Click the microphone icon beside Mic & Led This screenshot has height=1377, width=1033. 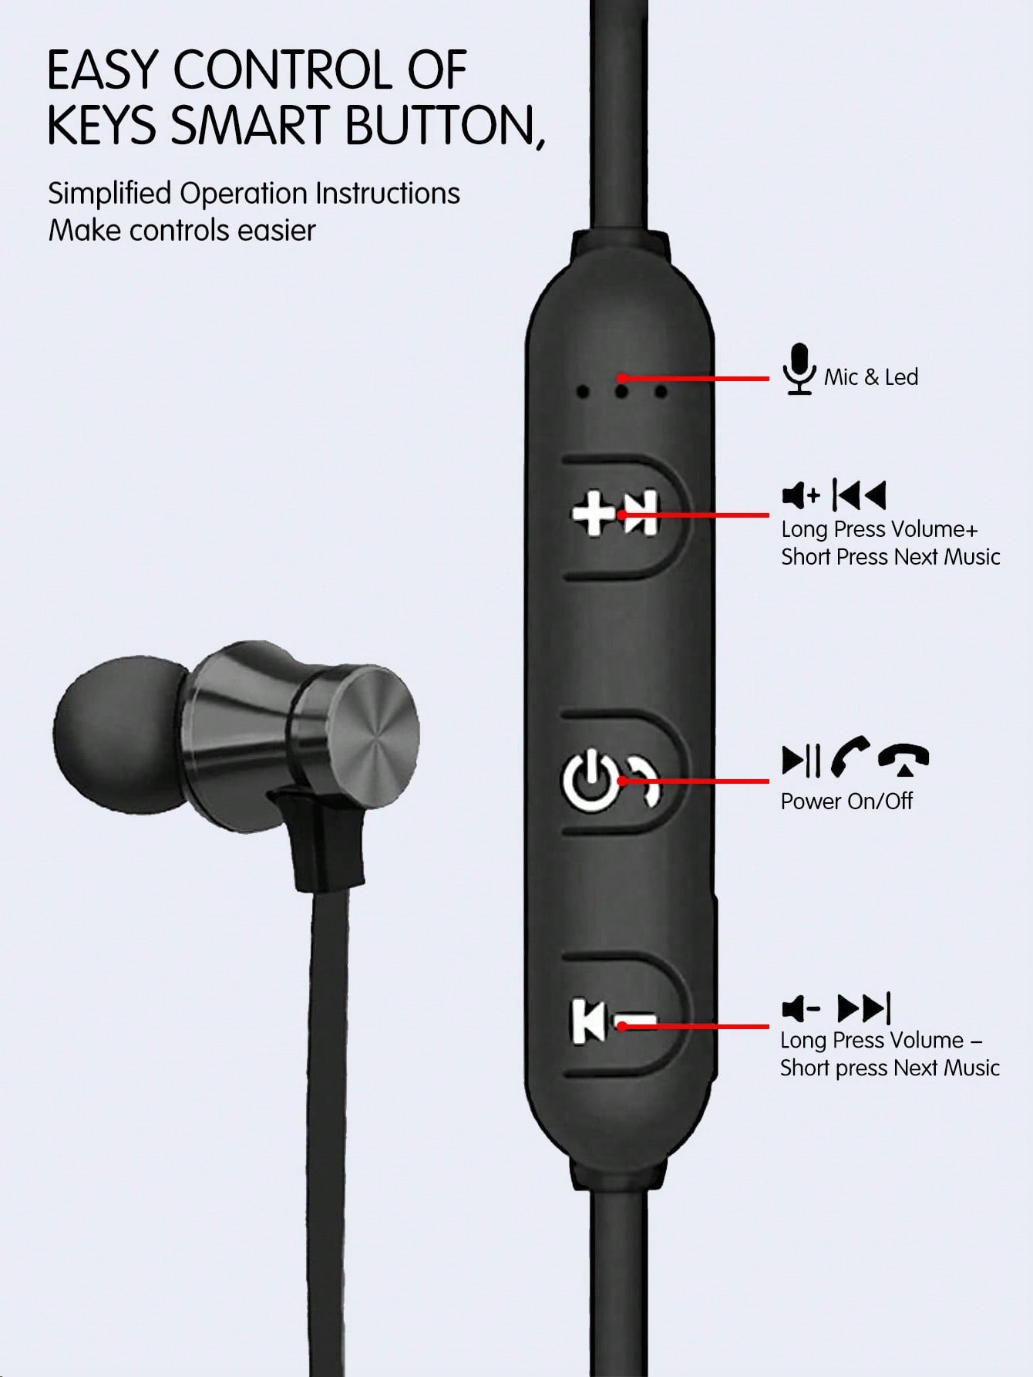[799, 369]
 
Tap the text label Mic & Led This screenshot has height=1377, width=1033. [871, 377]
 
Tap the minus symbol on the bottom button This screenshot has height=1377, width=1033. [636, 1023]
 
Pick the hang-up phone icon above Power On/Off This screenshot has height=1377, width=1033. [903, 760]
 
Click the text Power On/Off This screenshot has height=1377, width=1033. [846, 802]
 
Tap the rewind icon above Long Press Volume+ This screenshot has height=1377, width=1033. [860, 495]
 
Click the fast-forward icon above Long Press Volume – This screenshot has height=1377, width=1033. [864, 1007]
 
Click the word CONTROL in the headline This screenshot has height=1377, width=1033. [284, 70]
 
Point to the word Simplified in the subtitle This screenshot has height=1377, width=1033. [109, 194]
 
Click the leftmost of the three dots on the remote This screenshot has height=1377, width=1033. [583, 393]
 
